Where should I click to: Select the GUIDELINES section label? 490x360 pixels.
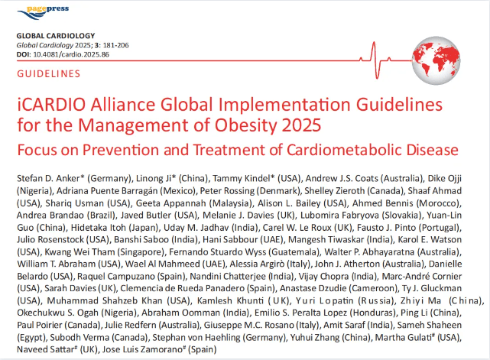coord(48,74)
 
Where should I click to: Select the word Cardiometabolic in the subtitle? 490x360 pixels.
coord(332,148)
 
